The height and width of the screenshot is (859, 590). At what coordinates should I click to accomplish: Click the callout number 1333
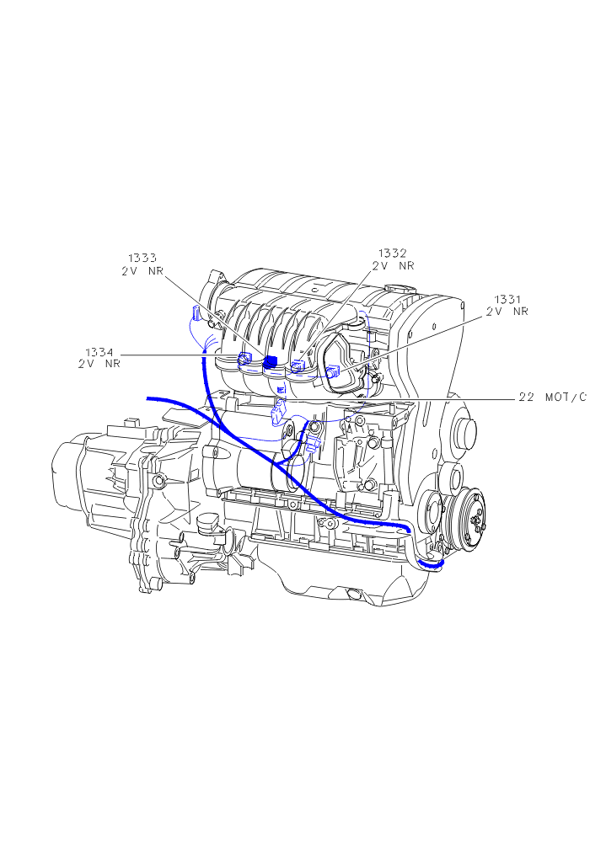point(142,258)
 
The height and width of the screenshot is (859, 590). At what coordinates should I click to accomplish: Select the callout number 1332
point(392,253)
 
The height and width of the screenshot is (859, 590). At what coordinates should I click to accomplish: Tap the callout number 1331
point(507,299)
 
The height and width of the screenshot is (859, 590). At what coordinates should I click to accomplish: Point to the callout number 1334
point(99,352)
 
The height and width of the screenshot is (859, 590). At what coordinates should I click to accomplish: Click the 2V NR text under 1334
point(99,365)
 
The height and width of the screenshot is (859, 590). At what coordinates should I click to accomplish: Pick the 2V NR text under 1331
point(507,312)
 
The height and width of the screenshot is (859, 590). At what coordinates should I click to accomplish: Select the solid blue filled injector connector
point(271,362)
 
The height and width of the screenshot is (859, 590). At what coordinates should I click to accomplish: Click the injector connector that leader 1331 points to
point(332,371)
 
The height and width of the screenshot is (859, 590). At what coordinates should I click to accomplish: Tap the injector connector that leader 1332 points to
point(298,366)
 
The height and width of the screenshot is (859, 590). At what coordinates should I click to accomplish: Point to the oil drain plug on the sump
point(352,594)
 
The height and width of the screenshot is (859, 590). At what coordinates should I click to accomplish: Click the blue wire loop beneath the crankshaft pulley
point(432,563)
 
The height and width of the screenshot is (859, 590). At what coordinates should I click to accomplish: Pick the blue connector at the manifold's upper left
point(195,314)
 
